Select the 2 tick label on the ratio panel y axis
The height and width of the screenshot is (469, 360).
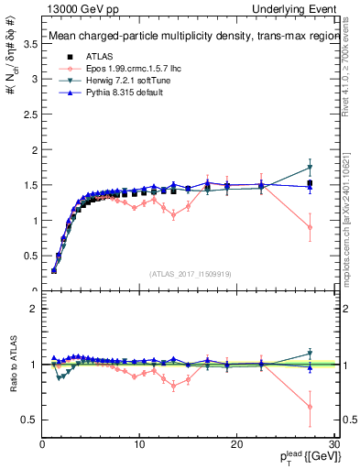click(34, 309)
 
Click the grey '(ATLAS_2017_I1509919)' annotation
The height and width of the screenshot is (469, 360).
click(190, 273)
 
